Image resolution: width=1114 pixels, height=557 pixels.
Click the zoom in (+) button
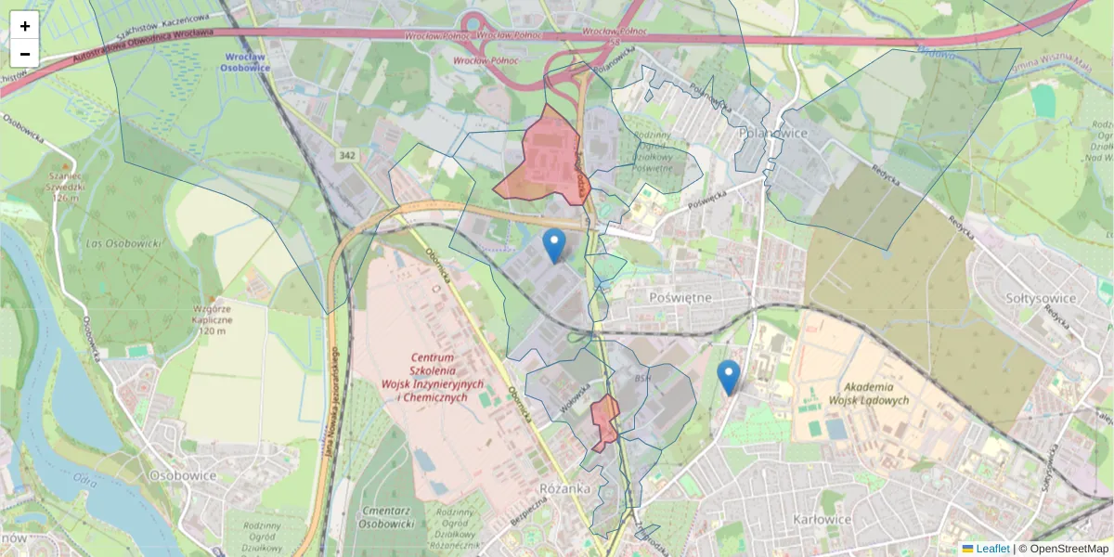(25, 26)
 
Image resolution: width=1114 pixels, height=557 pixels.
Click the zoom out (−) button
(25, 54)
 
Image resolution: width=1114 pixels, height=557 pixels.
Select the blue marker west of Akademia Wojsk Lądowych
(729, 377)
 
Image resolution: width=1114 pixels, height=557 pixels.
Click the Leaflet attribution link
(991, 549)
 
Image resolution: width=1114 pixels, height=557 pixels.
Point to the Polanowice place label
(773, 133)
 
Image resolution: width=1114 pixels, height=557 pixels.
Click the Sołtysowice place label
(1041, 299)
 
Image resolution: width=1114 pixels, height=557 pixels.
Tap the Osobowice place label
(183, 475)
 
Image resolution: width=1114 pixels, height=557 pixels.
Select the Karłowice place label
(823, 519)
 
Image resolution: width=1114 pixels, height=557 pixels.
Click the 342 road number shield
(347, 155)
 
